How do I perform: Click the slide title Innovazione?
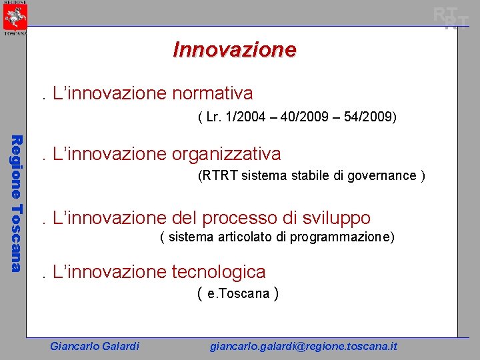234,49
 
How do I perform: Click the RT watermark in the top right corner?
451,18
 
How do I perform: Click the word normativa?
212,93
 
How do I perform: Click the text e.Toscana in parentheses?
238,293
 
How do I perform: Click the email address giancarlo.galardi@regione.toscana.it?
303,346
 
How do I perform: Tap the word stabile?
305,176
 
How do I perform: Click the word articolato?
251,237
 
